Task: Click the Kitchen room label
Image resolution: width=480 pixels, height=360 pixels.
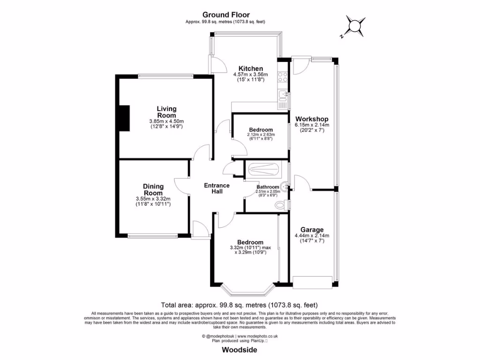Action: (250, 68)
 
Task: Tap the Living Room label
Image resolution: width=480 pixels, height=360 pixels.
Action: (166, 112)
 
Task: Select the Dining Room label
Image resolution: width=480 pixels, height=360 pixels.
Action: (153, 189)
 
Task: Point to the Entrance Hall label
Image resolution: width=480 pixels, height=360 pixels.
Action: (217, 188)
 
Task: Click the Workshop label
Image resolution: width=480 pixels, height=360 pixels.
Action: (311, 119)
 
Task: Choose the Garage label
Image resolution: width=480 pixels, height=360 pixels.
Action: (312, 230)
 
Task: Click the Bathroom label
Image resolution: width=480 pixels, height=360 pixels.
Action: (267, 187)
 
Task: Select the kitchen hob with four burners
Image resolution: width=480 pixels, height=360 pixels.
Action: (283, 77)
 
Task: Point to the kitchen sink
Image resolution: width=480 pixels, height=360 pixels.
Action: (283, 97)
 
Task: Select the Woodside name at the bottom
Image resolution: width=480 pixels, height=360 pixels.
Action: (240, 350)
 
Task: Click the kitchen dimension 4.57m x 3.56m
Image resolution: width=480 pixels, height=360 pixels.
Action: (250, 75)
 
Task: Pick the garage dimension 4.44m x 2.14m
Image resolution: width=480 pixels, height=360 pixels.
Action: (312, 235)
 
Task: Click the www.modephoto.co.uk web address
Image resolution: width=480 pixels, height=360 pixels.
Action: (257, 336)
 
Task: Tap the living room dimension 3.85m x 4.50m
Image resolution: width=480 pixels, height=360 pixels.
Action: (166, 121)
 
